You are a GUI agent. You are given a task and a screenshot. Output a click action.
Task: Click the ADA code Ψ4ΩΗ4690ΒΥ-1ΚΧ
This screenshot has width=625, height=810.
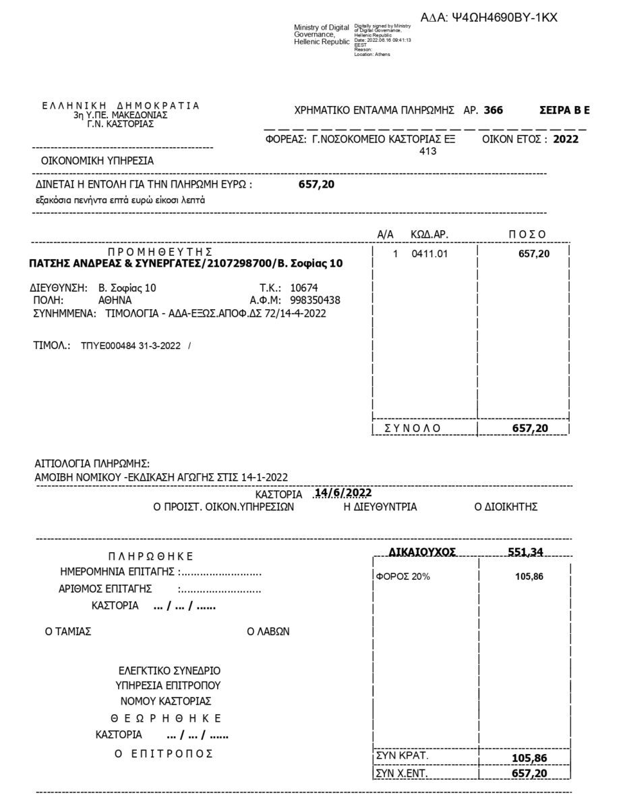tap(498, 18)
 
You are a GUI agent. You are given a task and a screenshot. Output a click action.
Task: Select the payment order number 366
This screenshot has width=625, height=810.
tap(493, 110)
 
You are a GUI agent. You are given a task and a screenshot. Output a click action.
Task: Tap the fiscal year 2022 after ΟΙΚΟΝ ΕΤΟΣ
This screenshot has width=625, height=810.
tap(566, 140)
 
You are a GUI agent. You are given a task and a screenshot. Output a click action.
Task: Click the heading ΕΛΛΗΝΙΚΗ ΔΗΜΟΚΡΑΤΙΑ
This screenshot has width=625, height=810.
tap(121, 106)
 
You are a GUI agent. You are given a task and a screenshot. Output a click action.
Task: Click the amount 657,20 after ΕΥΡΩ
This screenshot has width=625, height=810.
tap(316, 184)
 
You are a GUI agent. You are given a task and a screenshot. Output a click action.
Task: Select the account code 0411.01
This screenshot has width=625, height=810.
tap(429, 254)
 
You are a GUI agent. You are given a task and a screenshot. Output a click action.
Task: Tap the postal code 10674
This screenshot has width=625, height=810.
tap(304, 288)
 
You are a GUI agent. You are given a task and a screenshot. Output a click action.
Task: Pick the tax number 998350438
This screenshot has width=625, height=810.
tap(315, 300)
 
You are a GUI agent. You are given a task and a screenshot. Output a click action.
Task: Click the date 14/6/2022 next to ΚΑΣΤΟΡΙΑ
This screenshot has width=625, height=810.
tap(343, 493)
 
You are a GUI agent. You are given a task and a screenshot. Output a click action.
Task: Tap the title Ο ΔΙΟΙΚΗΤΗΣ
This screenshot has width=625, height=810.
tap(506, 507)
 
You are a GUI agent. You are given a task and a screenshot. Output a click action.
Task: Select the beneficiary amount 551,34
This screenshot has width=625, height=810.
tap(525, 552)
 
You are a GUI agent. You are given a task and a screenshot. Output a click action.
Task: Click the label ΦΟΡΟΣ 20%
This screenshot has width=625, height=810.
tap(403, 576)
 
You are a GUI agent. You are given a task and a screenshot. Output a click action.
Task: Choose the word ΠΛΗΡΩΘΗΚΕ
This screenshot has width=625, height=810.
tap(150, 556)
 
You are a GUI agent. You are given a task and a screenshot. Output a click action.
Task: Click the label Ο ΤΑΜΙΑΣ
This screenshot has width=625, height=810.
tap(68, 632)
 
